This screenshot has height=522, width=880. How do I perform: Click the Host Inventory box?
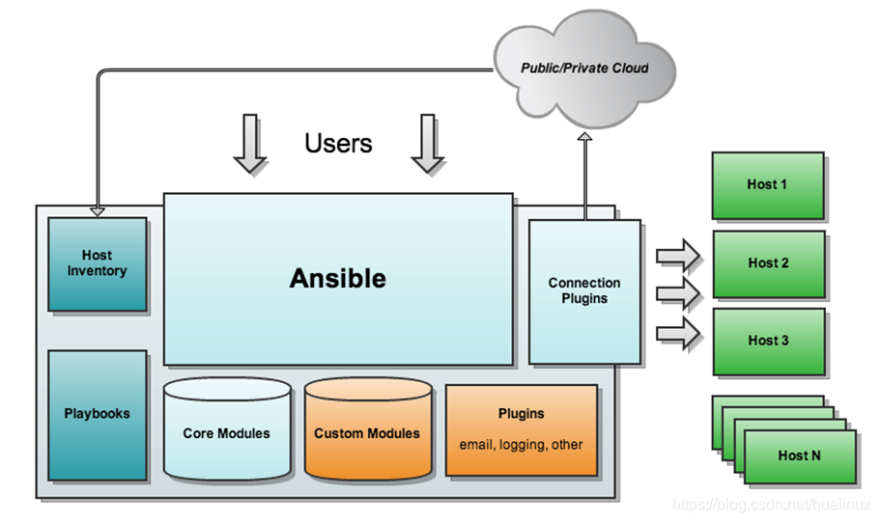pos(98,264)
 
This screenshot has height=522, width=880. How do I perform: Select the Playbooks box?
pos(98,416)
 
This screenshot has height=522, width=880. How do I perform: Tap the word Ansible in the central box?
pos(338,279)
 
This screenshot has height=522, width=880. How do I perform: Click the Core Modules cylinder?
pos(227,429)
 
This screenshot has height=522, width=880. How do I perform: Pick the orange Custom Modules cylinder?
pos(368,429)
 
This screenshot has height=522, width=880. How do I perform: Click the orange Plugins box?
pos(522,430)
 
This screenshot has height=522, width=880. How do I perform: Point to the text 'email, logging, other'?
pos(521,445)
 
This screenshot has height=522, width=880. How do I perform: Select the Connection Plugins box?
pos(584,291)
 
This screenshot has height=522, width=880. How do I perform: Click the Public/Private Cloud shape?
pos(584,69)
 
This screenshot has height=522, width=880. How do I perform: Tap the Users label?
pos(338,144)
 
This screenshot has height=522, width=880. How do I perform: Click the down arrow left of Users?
pos(250,144)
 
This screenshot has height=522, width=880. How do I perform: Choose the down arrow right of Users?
pos(428,144)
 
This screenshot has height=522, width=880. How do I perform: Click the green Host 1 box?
pos(768,185)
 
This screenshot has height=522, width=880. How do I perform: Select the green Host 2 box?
pos(769,264)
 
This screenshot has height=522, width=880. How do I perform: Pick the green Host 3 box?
pos(769,342)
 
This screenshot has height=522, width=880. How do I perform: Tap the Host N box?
pos(800,456)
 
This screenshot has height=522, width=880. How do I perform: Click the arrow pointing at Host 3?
pos(678,333)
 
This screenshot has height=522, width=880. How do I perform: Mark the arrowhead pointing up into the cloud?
pos(584,137)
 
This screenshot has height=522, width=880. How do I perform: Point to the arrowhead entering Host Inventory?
pos(98,212)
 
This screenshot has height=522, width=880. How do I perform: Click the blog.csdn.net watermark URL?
pos(771,505)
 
